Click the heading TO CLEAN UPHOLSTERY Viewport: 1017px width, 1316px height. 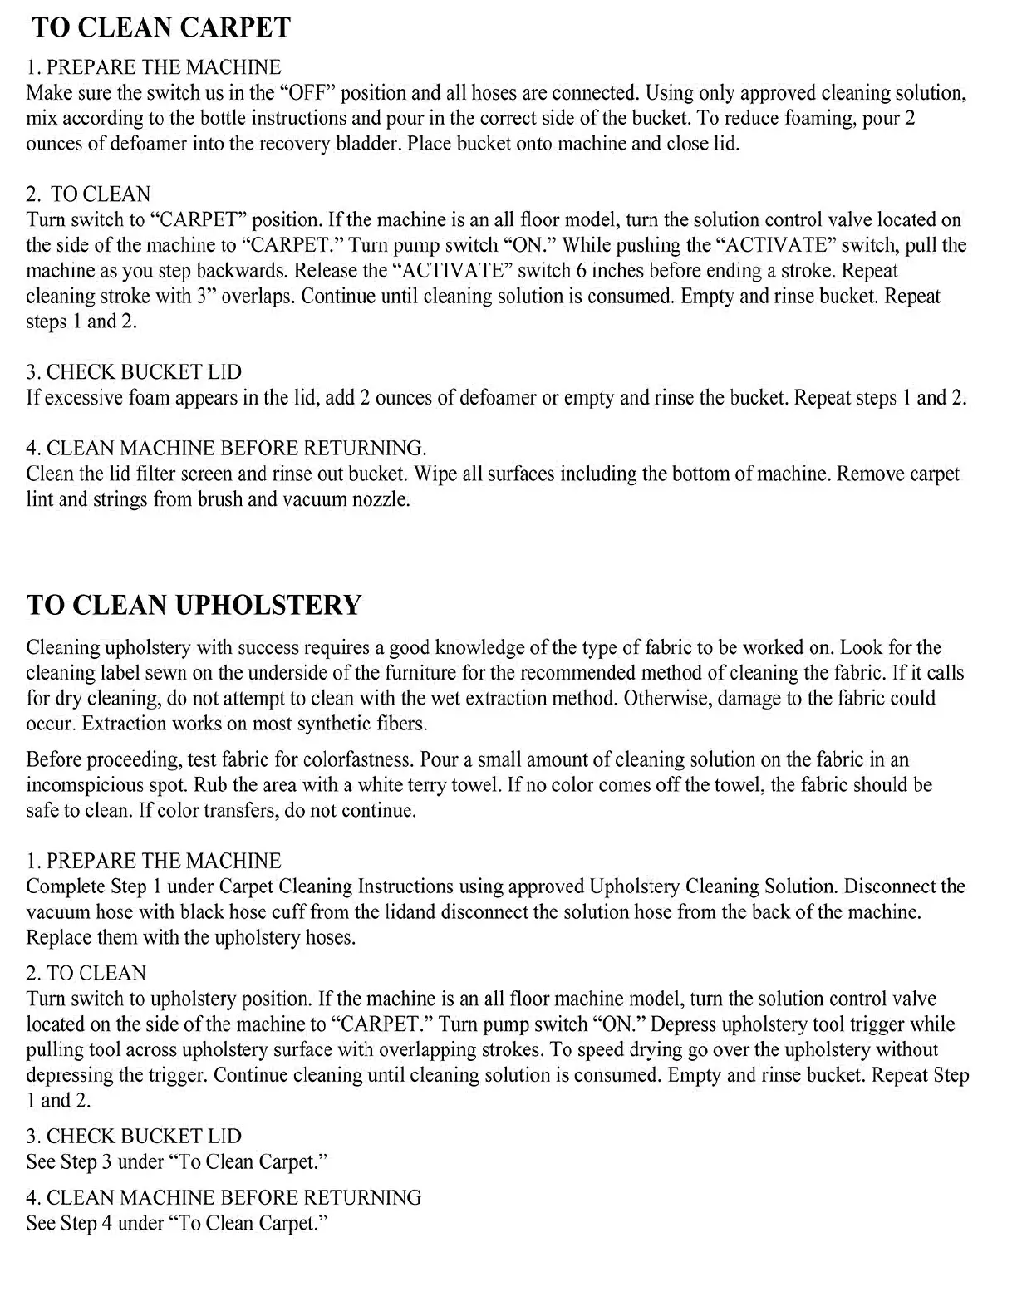coord(194,604)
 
